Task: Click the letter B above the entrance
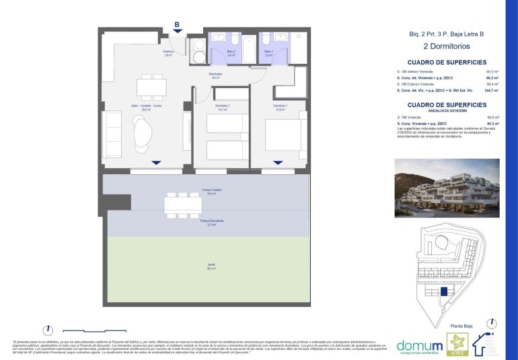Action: point(177,25)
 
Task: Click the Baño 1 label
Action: point(268,52)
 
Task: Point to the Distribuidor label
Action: point(215,75)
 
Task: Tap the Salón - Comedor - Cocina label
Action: point(146,107)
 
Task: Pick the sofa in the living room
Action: point(112,135)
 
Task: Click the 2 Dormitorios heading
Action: point(445,46)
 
